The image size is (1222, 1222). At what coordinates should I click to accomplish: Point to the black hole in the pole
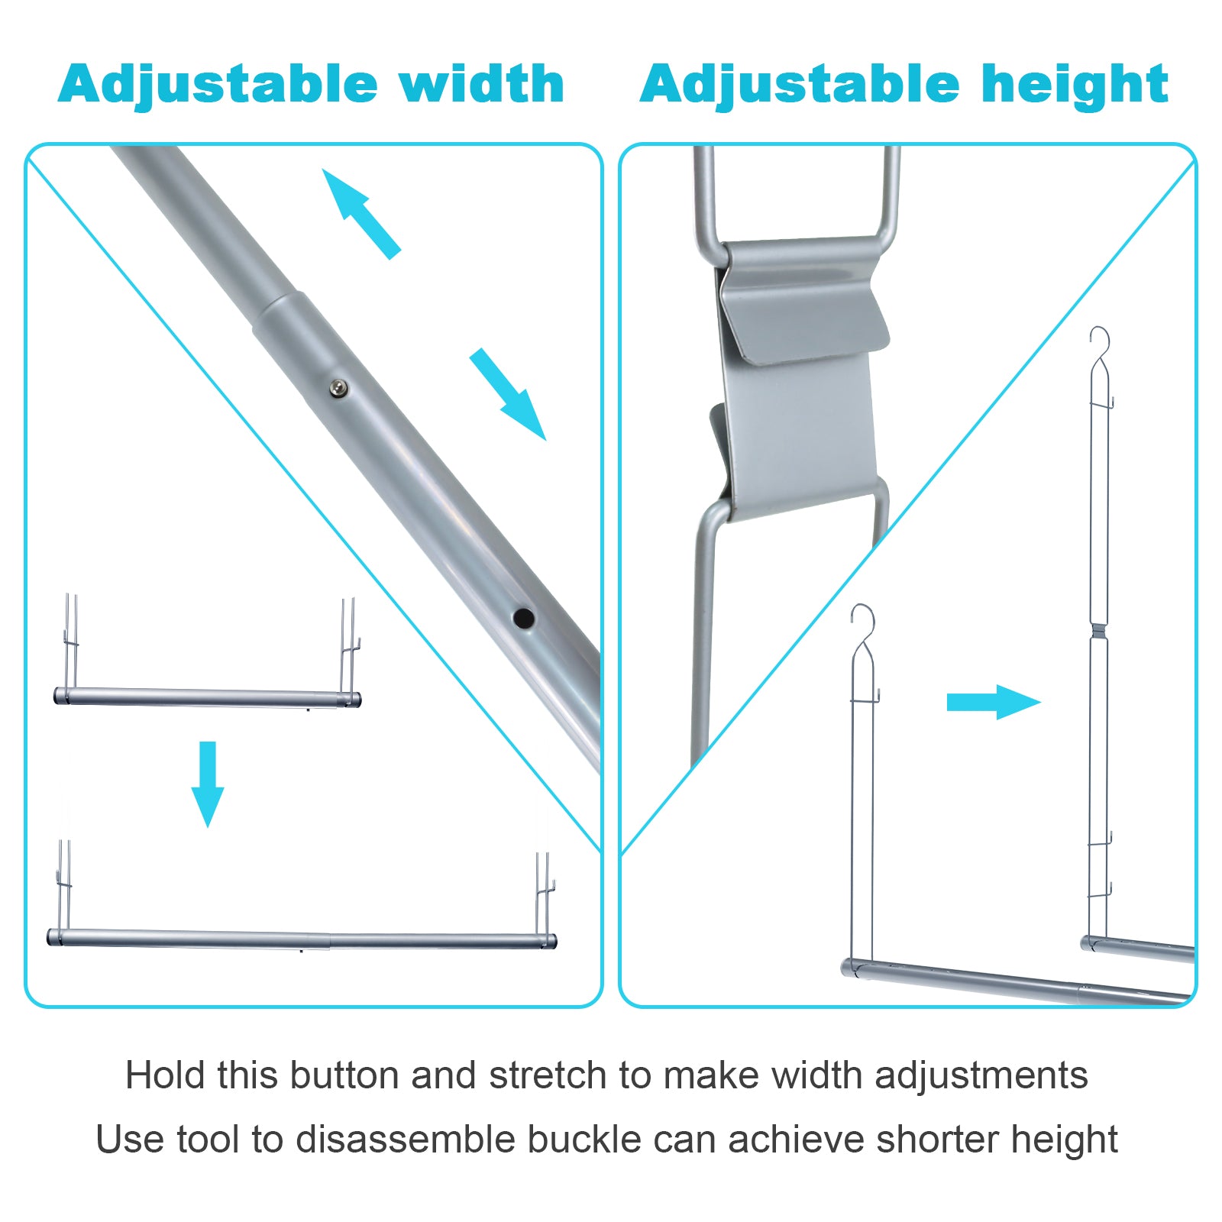coord(523,617)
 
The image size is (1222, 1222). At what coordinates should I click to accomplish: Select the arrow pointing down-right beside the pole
coord(508,394)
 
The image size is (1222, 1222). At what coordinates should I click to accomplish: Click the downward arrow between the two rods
coord(207,783)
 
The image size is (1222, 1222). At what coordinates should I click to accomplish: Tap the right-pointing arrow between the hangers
coord(993,702)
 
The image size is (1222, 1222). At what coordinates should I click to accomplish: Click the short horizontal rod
coord(207,697)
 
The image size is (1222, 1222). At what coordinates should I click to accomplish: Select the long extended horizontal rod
coord(302,939)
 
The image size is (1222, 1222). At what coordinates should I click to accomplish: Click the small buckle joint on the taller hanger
coord(1098,630)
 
